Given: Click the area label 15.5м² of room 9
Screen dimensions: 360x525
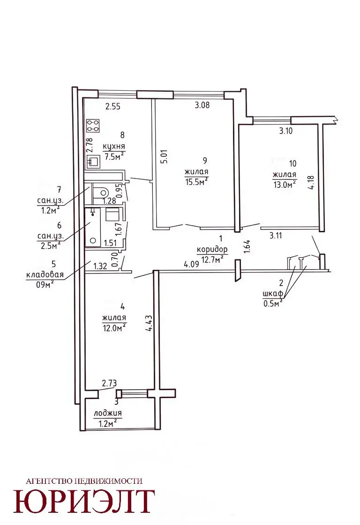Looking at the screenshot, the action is pos(196,182).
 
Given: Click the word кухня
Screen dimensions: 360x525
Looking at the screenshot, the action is pos(113,147).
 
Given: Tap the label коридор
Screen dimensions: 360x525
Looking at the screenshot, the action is pos(212,250).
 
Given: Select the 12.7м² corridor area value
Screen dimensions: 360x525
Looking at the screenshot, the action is pos(212,259).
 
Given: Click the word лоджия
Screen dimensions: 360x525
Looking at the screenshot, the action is pos(108,414).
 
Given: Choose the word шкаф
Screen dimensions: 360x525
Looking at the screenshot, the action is pos(273,294).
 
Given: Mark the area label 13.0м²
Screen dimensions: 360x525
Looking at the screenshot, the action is pos(284,185).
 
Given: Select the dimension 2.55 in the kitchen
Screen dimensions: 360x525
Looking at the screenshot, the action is pos(112,107).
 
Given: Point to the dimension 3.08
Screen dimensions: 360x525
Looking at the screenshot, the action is pos(202,105).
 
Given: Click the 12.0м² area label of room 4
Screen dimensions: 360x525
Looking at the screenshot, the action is pos(114,328).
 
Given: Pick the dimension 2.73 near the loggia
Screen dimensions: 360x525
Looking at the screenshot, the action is pos(109,383).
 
